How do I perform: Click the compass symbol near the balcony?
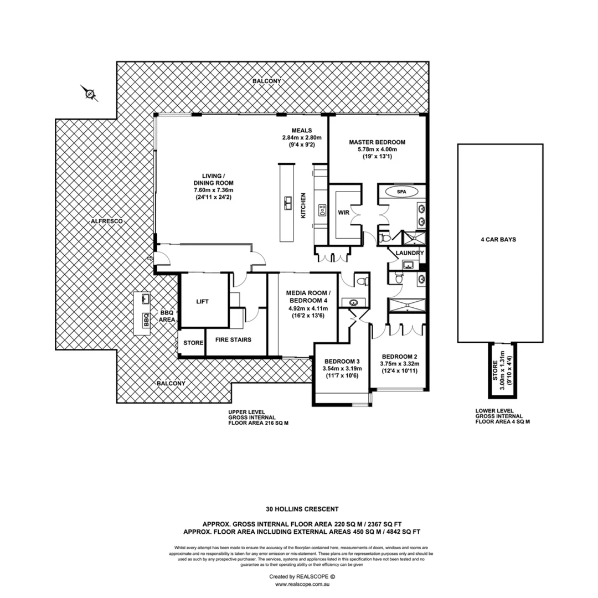coord(90,94)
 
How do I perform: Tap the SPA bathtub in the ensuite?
coord(402,192)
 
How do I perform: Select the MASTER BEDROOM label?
coord(377,142)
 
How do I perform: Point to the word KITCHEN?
coord(303,205)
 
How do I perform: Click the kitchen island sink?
coord(288,203)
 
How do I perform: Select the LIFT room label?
coord(203,302)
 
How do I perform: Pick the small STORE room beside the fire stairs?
coord(193,343)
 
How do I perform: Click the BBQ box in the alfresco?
coord(146,320)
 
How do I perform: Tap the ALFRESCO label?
coord(107,221)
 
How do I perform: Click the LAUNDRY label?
coord(410,253)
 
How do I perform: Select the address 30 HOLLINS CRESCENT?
coord(302,508)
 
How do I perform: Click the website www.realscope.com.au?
coord(302,584)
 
